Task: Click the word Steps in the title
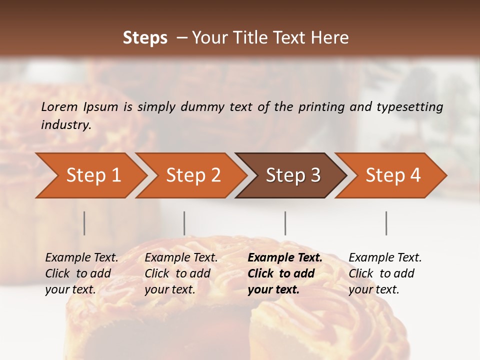[x=145, y=38]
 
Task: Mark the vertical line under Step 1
[x=84, y=223]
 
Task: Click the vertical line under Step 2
[x=184, y=223]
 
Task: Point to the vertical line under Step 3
[x=285, y=223]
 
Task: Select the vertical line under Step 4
[x=386, y=223]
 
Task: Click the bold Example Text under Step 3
[x=285, y=258]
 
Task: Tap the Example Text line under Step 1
[x=81, y=258]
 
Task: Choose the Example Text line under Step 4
[x=385, y=258]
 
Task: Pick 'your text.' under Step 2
[x=169, y=289]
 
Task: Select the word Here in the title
[x=332, y=38]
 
